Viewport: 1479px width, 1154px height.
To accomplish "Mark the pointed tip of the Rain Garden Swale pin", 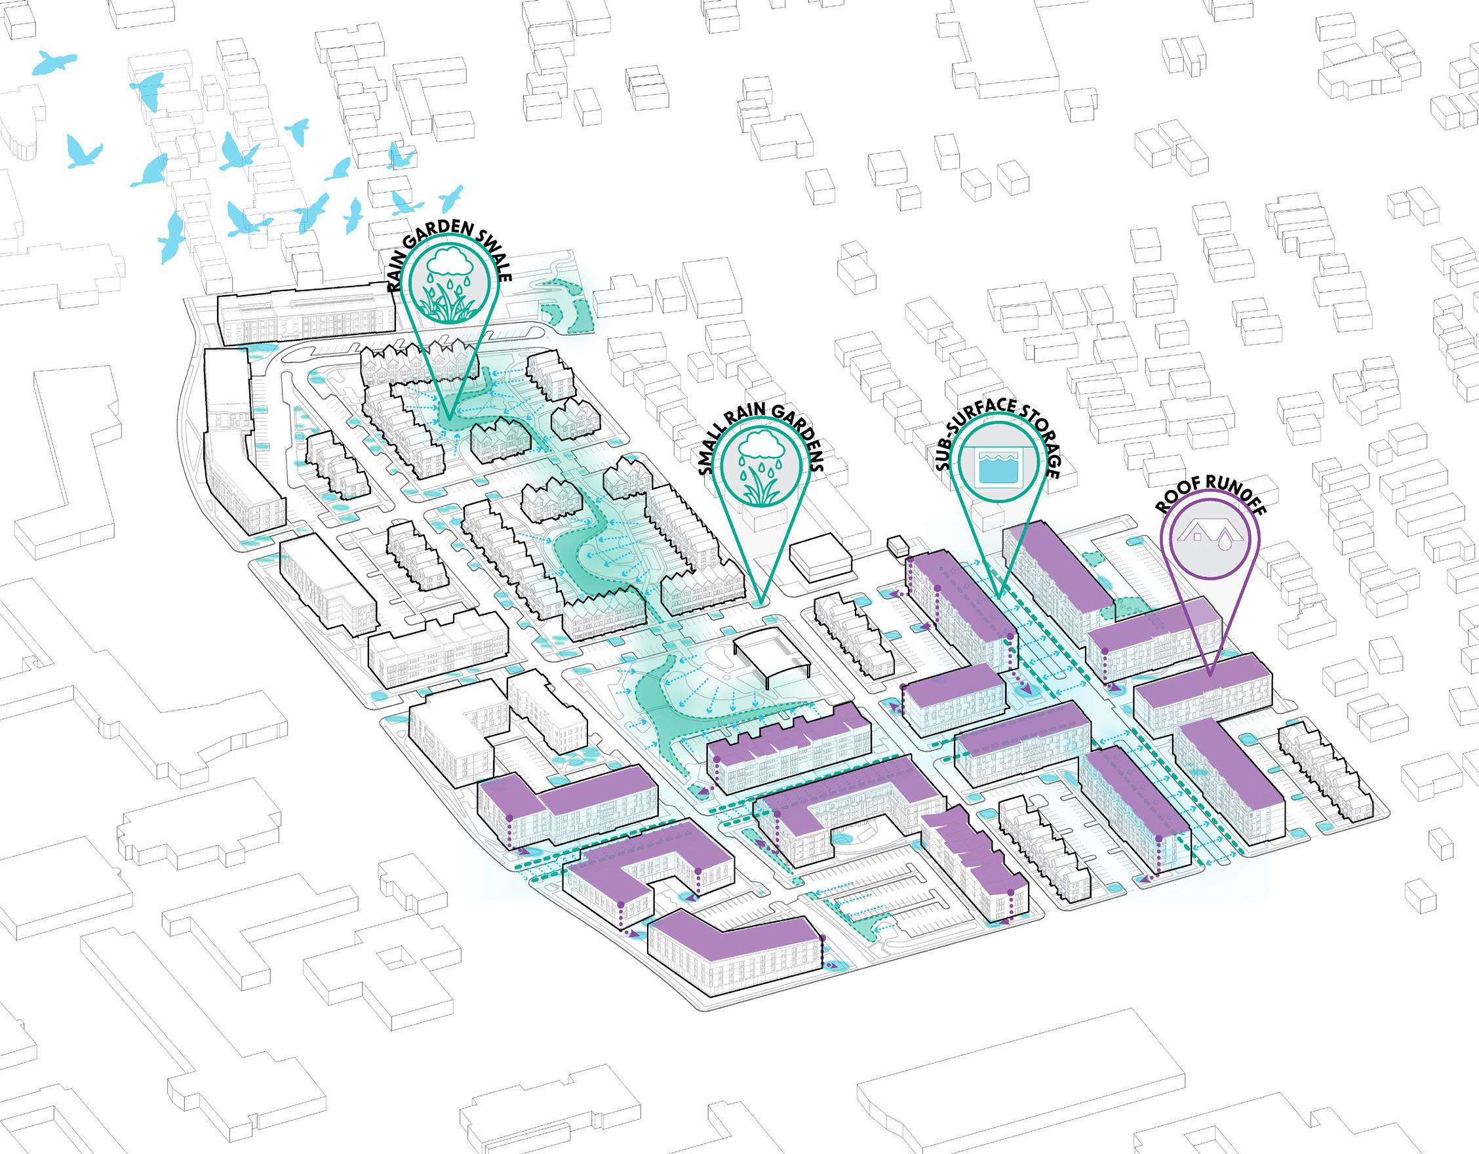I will point(452,415).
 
